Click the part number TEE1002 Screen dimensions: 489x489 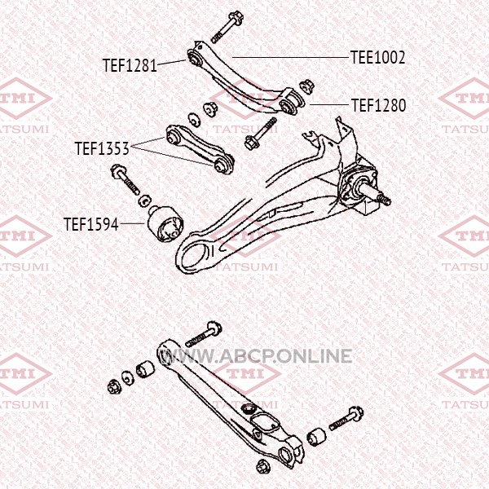coord(378,57)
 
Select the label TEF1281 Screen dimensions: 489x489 coord(130,65)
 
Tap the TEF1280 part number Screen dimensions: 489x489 coord(379,105)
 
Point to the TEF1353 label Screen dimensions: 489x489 coord(102,148)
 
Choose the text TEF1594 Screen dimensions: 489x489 coord(91,224)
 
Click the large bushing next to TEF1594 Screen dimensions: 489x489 coord(165,223)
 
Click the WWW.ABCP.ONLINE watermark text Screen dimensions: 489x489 coord(255,356)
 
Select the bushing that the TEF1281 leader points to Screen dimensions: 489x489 coord(194,58)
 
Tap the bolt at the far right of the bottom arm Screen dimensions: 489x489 coord(346,418)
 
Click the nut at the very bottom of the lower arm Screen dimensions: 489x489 coord(263,467)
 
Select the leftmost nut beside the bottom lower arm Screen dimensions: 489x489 coord(113,386)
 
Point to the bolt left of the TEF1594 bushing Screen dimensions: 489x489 coord(126,179)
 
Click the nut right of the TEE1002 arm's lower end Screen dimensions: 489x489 coord(306,86)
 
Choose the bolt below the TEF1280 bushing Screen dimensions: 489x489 coord(261,134)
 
